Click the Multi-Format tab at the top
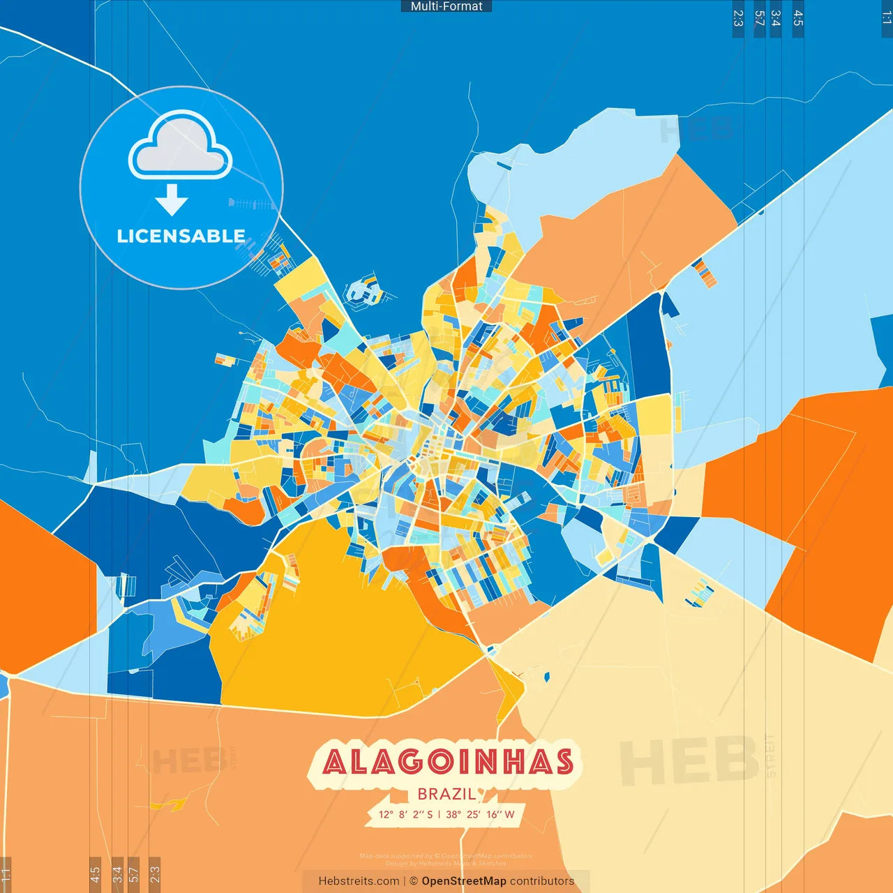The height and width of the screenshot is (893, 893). click(x=446, y=6)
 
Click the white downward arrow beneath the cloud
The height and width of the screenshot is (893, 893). click(x=172, y=200)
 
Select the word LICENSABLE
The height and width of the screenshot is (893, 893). click(x=181, y=237)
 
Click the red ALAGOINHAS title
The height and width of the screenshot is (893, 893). click(x=447, y=762)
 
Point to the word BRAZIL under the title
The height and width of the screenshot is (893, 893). click(x=446, y=794)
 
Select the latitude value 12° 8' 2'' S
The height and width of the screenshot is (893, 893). click(x=405, y=814)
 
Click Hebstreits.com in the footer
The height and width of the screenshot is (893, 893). click(x=359, y=881)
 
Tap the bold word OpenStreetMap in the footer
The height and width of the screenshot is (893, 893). click(x=463, y=881)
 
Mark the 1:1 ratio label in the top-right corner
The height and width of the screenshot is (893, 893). click(x=886, y=17)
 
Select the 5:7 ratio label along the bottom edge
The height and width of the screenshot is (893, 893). click(x=134, y=873)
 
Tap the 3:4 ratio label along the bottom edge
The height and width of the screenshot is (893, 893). click(x=117, y=873)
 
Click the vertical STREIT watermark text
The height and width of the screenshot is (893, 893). click(x=770, y=756)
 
